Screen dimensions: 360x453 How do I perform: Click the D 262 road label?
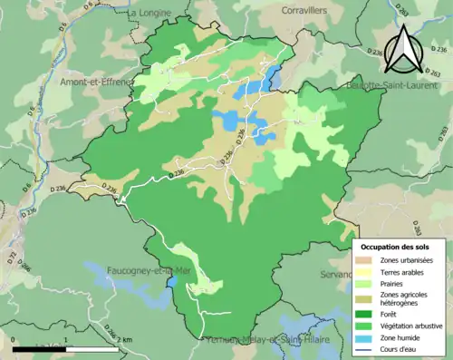point(431,73)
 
